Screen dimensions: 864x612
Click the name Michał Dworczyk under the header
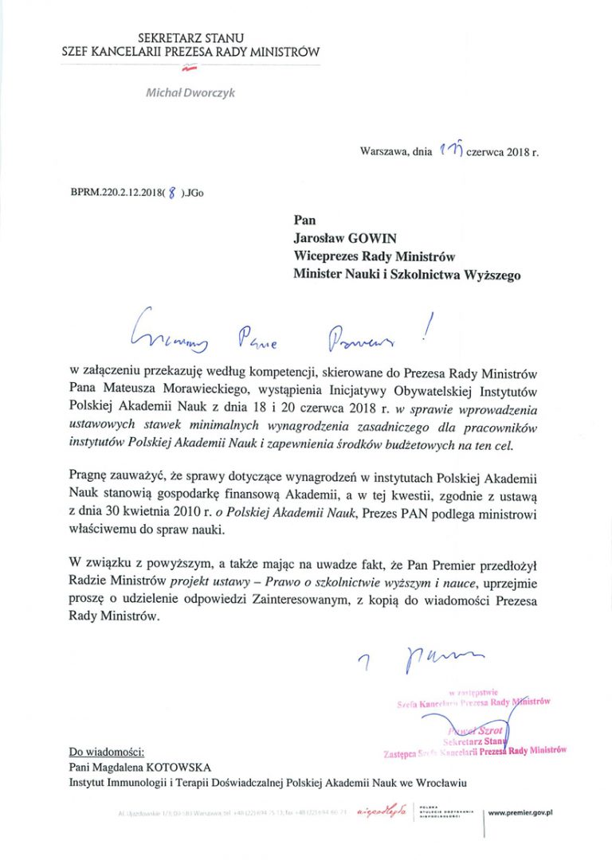click(x=190, y=92)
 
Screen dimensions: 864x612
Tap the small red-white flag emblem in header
click(x=190, y=70)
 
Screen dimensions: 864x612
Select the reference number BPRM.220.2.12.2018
click(x=116, y=192)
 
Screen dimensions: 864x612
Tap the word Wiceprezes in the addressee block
click(x=328, y=256)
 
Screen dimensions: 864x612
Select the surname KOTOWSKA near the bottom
click(x=183, y=766)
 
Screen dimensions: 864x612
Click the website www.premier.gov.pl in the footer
click(x=521, y=813)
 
